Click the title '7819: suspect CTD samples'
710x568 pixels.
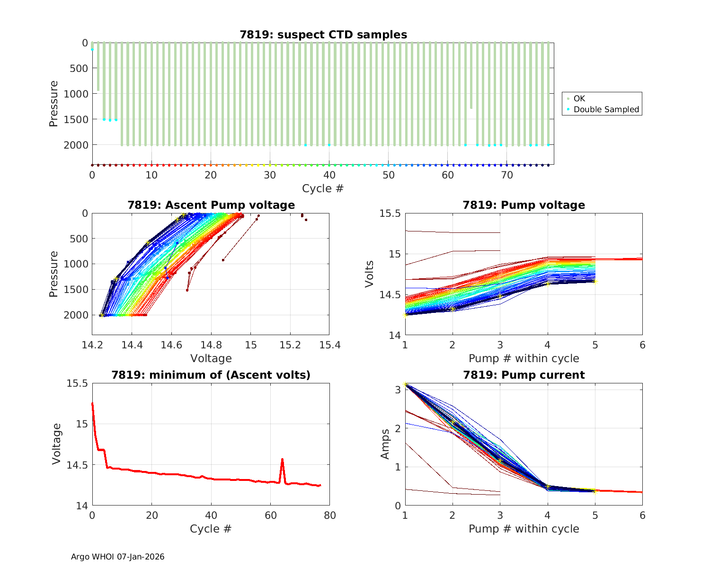[323, 35]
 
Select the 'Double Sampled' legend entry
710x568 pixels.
[606, 109]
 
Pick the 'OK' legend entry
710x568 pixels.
[579, 98]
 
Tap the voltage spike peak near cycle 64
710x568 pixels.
[282, 459]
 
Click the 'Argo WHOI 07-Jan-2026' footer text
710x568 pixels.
[117, 557]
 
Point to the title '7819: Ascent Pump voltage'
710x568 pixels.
[211, 205]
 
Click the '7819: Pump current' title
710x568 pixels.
[524, 375]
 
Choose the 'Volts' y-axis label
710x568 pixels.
[370, 274]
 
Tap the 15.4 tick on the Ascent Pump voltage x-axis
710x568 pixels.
[329, 345]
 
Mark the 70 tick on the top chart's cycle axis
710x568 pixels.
[506, 175]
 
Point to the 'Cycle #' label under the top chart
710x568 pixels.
[323, 188]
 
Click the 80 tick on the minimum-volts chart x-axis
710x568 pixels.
[329, 515]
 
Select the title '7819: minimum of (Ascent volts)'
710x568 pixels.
[211, 375]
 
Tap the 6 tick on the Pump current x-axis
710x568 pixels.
[642, 515]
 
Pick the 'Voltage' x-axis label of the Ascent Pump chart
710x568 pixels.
[211, 358]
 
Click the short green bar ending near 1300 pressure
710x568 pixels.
[471, 76]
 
